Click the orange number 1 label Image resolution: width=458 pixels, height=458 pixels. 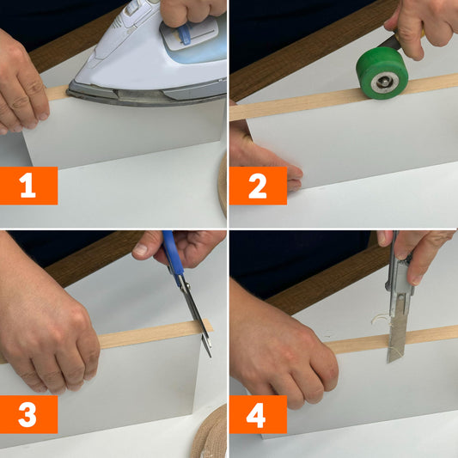pos(28,186)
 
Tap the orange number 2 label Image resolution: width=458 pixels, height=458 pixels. pos(258,186)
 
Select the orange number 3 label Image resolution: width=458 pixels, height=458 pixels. pos(28,414)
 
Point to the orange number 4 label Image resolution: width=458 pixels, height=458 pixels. pos(258,414)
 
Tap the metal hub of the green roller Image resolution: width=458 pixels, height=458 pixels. pos(383,82)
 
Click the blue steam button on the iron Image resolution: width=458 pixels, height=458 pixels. pos(184,34)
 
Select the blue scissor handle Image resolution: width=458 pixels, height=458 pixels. pos(173,257)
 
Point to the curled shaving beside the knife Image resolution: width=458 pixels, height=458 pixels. pos(380,320)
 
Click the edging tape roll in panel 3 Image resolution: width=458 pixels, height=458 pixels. pos(211,432)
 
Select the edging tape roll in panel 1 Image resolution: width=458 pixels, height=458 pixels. pos(223,187)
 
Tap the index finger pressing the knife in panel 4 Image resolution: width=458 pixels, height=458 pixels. pos(418,263)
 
